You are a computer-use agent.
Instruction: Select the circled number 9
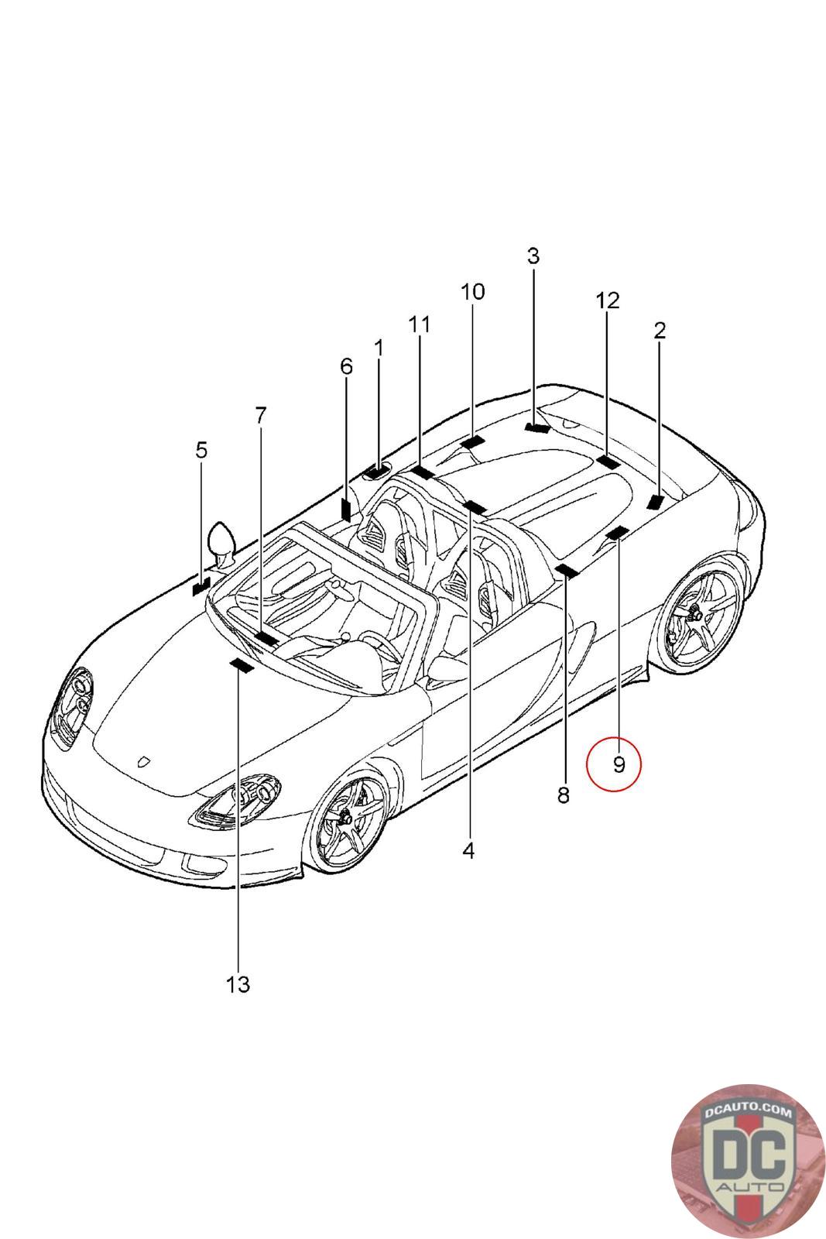click(x=619, y=765)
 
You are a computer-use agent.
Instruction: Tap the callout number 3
click(x=533, y=256)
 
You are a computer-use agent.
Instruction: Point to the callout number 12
click(x=608, y=300)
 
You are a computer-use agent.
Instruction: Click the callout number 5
click(x=201, y=450)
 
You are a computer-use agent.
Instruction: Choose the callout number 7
click(x=260, y=415)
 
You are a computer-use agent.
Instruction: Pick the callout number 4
click(x=468, y=850)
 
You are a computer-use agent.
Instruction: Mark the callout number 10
click(x=473, y=292)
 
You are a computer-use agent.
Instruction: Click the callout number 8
click(x=563, y=795)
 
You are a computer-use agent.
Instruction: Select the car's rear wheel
click(x=697, y=617)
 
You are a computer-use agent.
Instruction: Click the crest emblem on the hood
click(x=143, y=762)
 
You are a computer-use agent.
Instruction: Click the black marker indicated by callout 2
click(x=656, y=501)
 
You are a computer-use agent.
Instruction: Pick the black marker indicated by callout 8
click(x=567, y=571)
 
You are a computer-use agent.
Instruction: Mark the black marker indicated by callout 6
click(x=345, y=509)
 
